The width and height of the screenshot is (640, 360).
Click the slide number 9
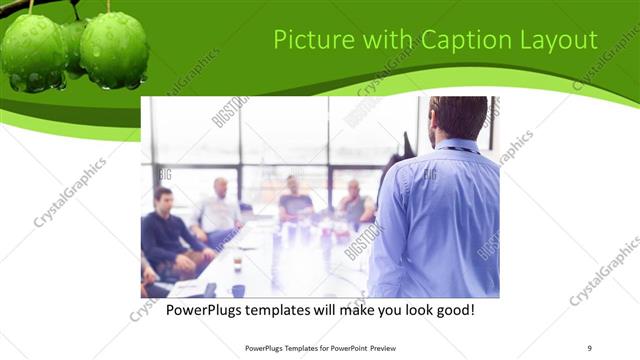[589, 349]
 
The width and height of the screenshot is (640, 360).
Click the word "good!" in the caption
[451, 310]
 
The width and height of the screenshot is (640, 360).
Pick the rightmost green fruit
[114, 50]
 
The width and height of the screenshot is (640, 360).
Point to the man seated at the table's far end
[294, 198]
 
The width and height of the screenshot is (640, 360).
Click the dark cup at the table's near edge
[238, 290]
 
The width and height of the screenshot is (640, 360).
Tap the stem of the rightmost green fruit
[108, 7]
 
